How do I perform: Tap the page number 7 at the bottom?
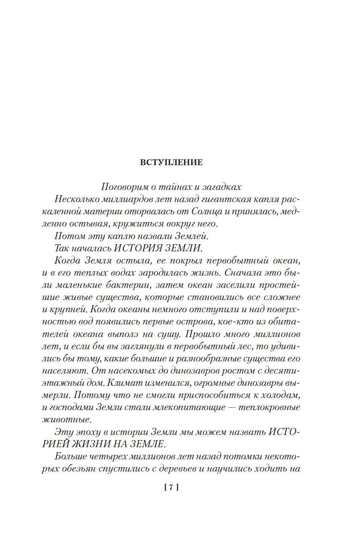pyautogui.click(x=171, y=488)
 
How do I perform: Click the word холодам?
pyautogui.click(x=280, y=395)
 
